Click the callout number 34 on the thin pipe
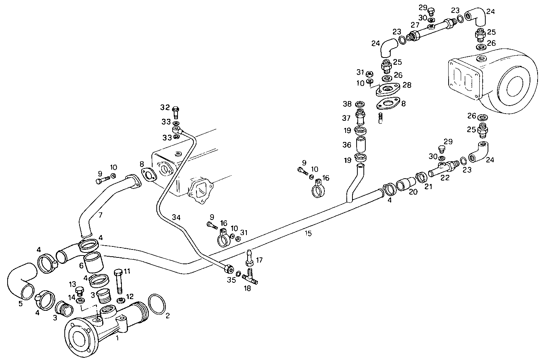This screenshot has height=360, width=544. click(176, 217)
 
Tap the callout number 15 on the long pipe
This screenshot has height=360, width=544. click(308, 234)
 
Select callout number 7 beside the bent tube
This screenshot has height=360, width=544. click(100, 215)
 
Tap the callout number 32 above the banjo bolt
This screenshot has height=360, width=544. click(165, 108)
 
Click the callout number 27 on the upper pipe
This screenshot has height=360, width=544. click(415, 25)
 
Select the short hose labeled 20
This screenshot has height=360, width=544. click(406, 185)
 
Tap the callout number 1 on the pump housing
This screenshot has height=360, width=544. click(117, 338)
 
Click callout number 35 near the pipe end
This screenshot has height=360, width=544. click(231, 280)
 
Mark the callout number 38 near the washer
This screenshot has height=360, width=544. click(347, 104)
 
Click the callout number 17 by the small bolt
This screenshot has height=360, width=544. click(259, 260)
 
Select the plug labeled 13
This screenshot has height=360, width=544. click(79, 292)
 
